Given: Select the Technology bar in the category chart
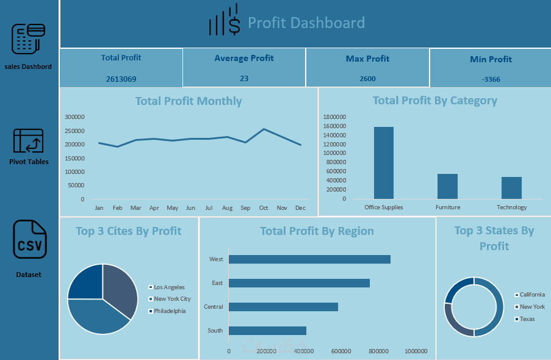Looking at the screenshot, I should [511, 187].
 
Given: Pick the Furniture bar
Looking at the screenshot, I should [447, 186].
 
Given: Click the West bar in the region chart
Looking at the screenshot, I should [309, 259].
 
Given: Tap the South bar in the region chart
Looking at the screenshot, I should [267, 331].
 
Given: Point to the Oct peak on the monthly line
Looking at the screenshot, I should [264, 129].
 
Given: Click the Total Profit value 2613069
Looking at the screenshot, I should [121, 79].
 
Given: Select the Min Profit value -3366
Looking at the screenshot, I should [491, 80].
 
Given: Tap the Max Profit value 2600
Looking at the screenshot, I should [368, 79].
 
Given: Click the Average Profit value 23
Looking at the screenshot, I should [244, 78].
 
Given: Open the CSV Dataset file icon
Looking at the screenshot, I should [29, 240].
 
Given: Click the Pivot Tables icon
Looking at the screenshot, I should [29, 141].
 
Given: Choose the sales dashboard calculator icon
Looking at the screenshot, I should [29, 39].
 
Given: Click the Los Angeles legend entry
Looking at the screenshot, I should [169, 287].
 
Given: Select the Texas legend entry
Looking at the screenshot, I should [527, 319].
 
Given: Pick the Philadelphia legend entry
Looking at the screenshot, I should [169, 311].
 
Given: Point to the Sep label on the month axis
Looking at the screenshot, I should [245, 208].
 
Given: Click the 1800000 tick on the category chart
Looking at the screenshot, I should [334, 117].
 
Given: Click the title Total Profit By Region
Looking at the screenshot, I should [317, 231].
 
